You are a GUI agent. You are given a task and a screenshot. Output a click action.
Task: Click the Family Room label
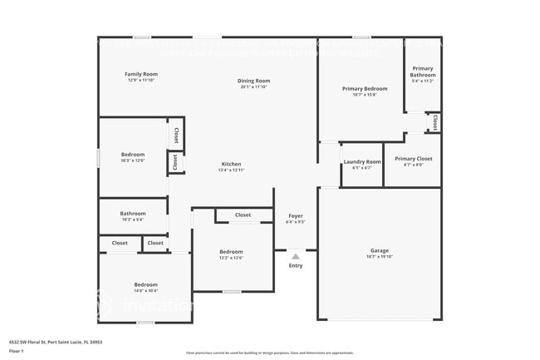click(141, 74)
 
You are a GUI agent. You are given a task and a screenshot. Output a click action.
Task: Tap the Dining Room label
click(256, 81)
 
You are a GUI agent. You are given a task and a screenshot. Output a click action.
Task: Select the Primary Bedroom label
click(365, 88)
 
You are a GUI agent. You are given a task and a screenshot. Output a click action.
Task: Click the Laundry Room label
click(362, 161)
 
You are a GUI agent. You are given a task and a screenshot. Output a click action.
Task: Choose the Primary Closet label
click(414, 158)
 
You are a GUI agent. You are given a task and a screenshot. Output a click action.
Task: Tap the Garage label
click(380, 250)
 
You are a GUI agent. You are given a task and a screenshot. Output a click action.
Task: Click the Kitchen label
click(231, 164)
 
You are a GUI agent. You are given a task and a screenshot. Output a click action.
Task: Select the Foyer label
click(295, 215)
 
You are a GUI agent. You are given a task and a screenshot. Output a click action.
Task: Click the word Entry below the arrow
click(296, 265)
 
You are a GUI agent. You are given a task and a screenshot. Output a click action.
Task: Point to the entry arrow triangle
click(296, 256)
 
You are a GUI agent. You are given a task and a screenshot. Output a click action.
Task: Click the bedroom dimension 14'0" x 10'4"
click(145, 290)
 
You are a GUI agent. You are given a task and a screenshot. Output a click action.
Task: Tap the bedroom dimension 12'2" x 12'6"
click(231, 258)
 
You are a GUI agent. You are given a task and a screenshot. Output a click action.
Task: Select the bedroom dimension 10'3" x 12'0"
click(133, 160)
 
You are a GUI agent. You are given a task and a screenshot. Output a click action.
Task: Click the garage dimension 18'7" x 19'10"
click(380, 257)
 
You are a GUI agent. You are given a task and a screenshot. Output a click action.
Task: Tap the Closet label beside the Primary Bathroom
click(434, 122)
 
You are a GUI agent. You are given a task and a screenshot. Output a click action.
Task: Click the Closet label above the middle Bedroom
click(243, 215)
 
